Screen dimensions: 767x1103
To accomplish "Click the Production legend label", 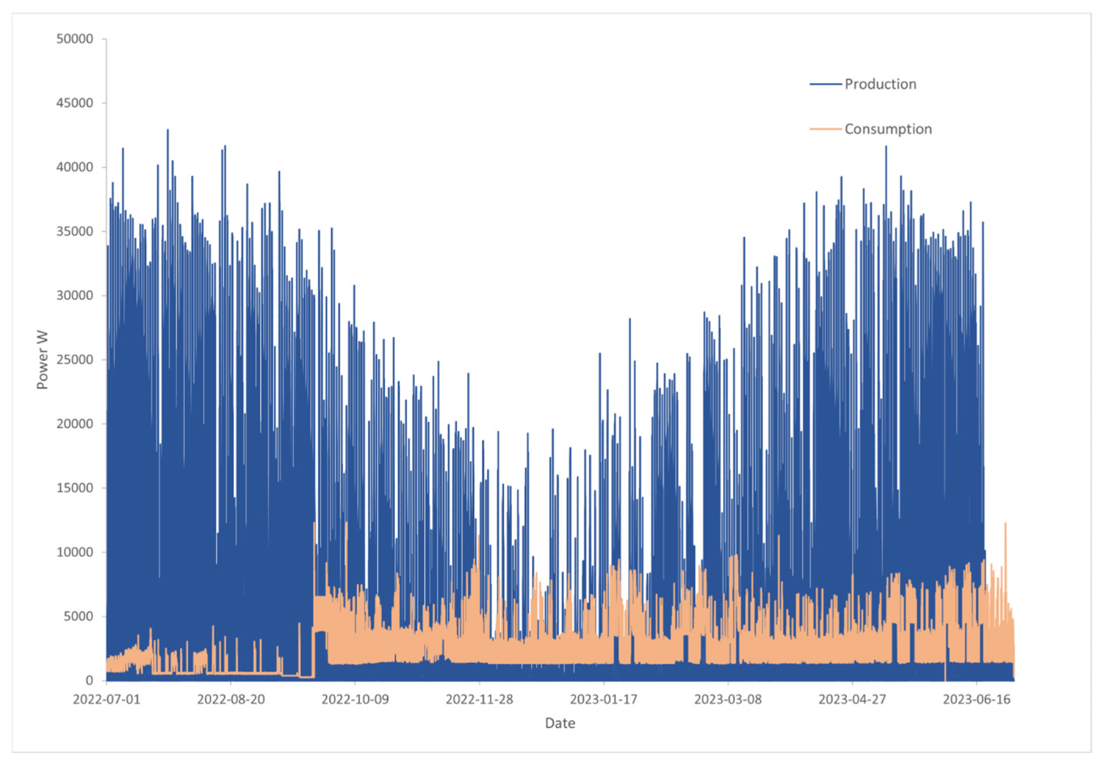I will (x=880, y=84).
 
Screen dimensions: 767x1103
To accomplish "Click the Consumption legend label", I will (x=888, y=129).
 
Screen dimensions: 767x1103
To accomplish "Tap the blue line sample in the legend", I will (x=826, y=84).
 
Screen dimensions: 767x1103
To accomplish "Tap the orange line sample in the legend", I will (x=826, y=129).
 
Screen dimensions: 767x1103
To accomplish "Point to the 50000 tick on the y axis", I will (x=74, y=39).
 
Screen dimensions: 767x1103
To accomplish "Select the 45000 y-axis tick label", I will (x=74, y=103).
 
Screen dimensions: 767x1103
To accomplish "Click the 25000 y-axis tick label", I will (x=74, y=360).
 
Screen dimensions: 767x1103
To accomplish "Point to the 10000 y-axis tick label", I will (x=74, y=552).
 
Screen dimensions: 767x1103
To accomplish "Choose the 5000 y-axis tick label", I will (x=78, y=616).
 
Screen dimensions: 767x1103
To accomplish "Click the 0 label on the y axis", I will (x=89, y=681).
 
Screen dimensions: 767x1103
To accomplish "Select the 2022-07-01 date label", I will (x=106, y=700).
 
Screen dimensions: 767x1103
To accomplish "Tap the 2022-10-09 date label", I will (x=355, y=700).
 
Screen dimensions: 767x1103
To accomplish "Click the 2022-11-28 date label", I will (x=479, y=700).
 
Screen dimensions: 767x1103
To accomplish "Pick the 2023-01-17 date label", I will (x=603, y=700).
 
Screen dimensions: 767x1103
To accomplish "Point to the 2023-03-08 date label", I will (x=728, y=700).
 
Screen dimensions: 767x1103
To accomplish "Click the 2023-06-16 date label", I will (x=977, y=700).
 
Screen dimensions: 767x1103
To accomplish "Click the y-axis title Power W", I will (x=42, y=360).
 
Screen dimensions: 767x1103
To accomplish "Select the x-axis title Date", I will (x=560, y=723).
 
